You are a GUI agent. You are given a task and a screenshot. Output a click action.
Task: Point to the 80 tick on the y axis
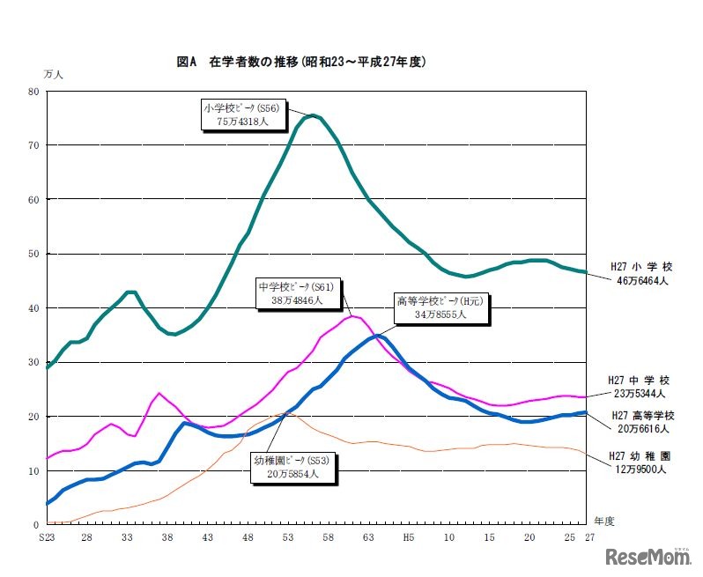click(33, 91)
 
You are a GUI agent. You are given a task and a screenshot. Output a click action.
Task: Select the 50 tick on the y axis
click(33, 254)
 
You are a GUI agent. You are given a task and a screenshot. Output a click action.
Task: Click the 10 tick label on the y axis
click(33, 471)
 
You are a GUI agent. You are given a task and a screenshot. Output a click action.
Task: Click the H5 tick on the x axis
click(408, 536)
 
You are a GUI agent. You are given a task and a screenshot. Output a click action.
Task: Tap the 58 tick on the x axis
click(328, 536)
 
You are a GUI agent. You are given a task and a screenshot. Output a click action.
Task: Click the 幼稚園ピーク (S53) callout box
click(285, 466)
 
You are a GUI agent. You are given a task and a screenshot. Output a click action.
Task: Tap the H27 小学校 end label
click(641, 266)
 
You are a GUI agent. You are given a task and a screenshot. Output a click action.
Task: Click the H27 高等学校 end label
click(641, 416)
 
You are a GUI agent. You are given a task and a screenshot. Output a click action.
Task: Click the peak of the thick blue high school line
click(377, 336)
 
